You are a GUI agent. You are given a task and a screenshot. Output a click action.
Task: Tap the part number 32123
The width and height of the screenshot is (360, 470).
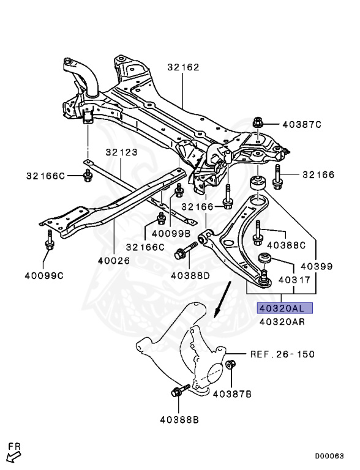121,152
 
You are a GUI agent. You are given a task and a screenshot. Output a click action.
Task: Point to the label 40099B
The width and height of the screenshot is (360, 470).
171,233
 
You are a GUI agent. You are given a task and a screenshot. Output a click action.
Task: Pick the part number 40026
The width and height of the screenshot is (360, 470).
113,261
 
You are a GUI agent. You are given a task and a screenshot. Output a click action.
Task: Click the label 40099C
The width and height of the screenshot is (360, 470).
44,275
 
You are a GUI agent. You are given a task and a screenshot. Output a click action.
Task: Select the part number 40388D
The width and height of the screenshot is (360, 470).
190,275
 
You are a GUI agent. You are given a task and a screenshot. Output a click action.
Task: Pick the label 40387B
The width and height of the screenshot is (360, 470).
232,394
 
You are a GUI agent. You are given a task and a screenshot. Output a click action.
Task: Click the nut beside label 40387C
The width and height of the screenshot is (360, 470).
258,123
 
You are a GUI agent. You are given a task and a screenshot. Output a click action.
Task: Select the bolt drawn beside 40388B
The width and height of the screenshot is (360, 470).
178,393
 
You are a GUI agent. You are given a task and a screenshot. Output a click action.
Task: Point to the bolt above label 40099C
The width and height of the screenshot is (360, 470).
48,241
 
